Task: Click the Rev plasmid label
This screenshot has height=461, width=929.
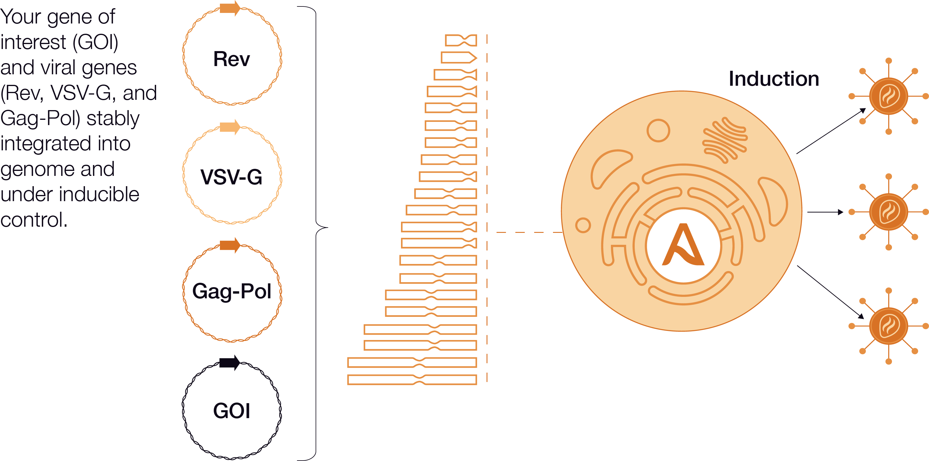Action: coord(232,59)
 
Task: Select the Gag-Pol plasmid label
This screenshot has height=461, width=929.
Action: coord(232,291)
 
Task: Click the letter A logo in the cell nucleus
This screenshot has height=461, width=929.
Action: coord(683,245)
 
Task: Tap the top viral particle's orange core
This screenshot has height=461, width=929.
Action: coord(889,96)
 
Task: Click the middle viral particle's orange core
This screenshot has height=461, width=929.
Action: coord(889,212)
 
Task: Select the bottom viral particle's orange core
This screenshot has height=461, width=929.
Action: coord(889,326)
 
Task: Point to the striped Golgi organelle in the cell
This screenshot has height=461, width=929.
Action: coord(725,140)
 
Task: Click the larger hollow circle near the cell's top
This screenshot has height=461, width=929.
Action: coord(658,130)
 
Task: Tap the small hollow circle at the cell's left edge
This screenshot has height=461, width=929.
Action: coord(583,226)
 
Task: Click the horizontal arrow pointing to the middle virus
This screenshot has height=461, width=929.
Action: coord(825,212)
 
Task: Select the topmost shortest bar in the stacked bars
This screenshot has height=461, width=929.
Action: coord(461,40)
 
